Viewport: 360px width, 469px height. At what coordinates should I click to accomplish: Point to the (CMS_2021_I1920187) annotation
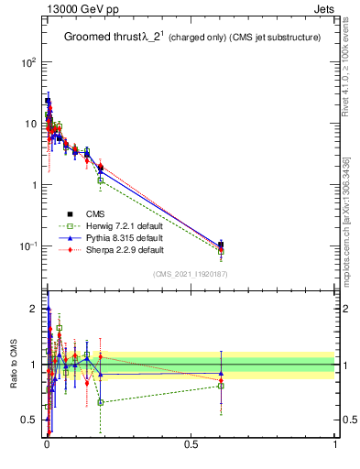pyautogui.click(x=190, y=274)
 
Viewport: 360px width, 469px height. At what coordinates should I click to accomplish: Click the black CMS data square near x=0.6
pyautogui.click(x=221, y=245)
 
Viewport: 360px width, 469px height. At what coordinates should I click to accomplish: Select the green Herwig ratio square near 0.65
pyautogui.click(x=100, y=402)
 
